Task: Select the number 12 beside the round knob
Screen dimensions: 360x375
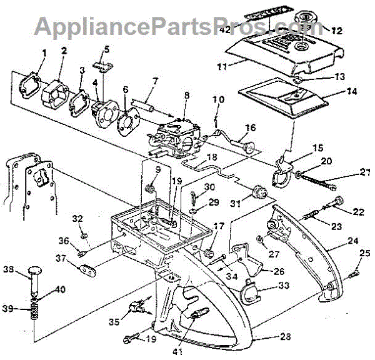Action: click(337, 29)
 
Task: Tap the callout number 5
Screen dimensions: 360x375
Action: click(106, 49)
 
